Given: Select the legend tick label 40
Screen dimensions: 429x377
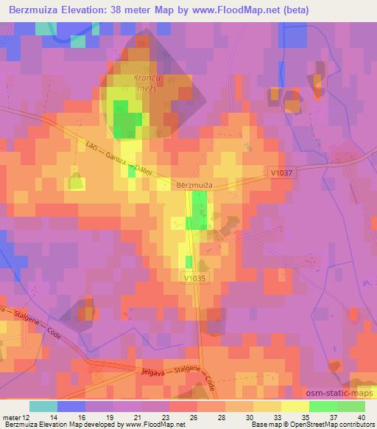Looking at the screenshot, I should (360, 417).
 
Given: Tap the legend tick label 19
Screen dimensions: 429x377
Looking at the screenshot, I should (111, 417).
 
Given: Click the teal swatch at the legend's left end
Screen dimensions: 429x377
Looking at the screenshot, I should (43, 406).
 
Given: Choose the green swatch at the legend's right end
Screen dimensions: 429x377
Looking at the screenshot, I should (352, 406).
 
